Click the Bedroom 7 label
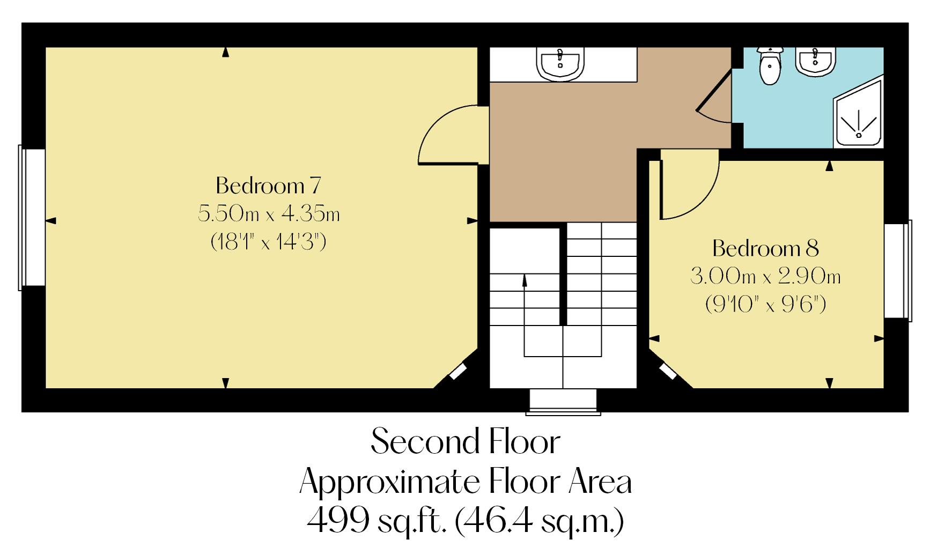[268, 186]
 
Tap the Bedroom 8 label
[765, 248]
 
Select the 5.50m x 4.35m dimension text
[268, 214]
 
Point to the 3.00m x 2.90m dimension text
[765, 277]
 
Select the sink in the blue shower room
[815, 61]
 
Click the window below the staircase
[563, 402]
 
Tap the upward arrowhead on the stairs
[525, 278]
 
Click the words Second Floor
[465, 442]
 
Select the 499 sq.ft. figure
[375, 520]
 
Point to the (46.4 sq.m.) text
[538, 520]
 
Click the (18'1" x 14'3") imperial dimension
[268, 242]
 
